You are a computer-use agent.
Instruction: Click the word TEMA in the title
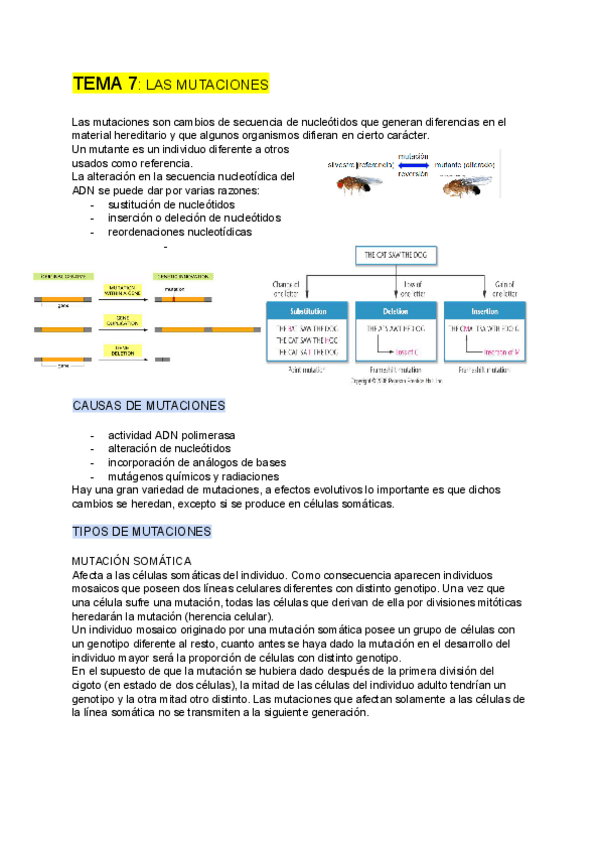[x=99, y=85]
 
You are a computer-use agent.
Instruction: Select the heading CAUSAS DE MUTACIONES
[x=149, y=406]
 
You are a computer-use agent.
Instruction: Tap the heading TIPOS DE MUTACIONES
[x=142, y=531]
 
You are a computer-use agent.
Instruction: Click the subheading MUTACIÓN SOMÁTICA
[x=132, y=561]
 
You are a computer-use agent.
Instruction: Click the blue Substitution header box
[x=307, y=310]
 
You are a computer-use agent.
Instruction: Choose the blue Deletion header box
[x=395, y=310]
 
